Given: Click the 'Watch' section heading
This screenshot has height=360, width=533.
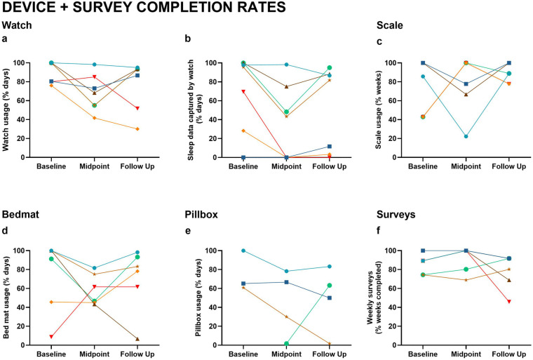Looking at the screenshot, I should [17, 27].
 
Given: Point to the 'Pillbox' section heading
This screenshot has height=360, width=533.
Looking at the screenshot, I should [203, 214].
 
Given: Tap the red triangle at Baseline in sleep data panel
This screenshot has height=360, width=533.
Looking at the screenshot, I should [243, 91].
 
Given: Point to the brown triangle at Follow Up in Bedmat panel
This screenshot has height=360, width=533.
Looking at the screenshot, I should [137, 339].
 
